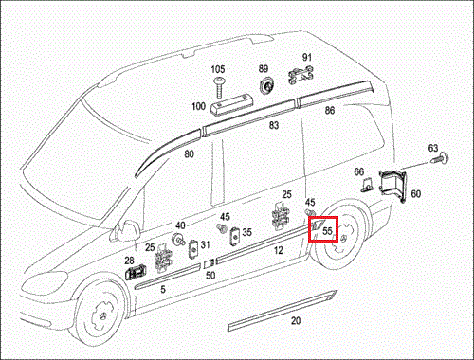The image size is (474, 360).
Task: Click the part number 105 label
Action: pos(218,69)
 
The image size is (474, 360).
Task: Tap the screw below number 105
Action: pos(219,87)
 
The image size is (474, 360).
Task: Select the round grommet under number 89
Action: pos(266,86)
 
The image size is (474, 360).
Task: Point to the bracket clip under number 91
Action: pos(301,75)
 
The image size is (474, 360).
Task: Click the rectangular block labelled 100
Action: pos(230,104)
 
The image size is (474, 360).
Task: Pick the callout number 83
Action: pos(274,125)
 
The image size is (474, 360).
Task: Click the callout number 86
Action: pos(330,110)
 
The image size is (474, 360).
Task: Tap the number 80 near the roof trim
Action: pos(189,153)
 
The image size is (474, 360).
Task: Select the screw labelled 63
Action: pos(440,158)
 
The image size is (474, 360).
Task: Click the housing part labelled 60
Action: pos(392,185)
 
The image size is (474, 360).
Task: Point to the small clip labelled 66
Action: pos(368,185)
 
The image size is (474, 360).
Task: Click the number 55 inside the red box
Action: pos(327,231)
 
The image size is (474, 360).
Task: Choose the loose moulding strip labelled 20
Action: pos(283,311)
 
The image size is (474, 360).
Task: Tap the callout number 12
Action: pos(278,250)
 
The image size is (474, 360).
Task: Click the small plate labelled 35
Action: pos(235,236)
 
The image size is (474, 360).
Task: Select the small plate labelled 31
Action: pos(192,248)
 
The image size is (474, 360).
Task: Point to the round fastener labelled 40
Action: pos(178,239)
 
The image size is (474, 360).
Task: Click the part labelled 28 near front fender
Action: pos(136,272)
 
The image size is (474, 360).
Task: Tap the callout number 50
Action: pos(210,276)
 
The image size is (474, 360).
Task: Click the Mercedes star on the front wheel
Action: pos(103,317)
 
